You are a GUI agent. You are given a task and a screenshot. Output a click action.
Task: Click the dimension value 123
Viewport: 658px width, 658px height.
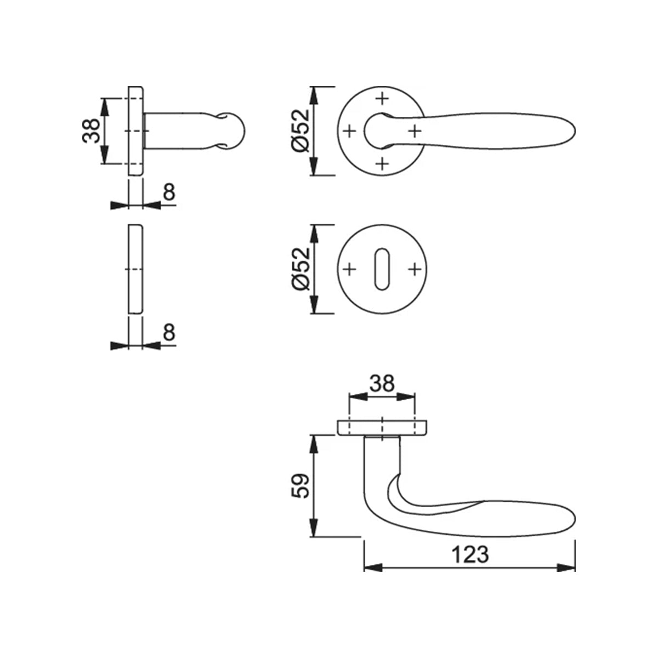tap(470, 554)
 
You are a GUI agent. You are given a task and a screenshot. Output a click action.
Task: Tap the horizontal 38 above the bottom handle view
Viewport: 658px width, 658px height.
tap(382, 383)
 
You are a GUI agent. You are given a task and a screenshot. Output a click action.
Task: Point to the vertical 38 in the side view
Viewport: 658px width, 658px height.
tap(91, 131)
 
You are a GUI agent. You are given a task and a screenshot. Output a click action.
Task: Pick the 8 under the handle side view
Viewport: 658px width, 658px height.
tap(169, 192)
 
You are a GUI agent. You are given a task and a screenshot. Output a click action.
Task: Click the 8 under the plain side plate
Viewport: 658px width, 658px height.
tap(169, 332)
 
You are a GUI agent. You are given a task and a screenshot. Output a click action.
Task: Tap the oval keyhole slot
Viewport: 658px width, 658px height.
tap(382, 269)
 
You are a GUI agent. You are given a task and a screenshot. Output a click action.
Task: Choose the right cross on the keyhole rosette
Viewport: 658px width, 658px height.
tap(415, 269)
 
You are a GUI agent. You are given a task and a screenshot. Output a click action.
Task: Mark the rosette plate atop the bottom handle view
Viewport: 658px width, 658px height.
tap(382, 427)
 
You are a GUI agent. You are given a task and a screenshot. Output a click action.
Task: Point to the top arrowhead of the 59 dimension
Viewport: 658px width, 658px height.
tap(314, 442)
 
